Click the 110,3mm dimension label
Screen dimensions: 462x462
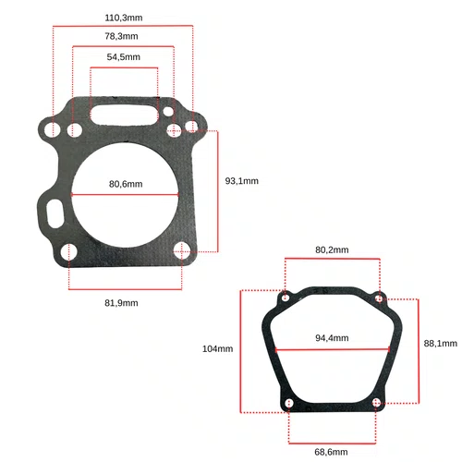[124, 18]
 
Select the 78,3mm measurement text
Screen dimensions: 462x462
[121, 36]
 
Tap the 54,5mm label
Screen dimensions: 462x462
[124, 57]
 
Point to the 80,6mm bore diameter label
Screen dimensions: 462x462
[126, 184]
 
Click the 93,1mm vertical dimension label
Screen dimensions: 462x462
[242, 181]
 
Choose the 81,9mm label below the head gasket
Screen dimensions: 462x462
[121, 303]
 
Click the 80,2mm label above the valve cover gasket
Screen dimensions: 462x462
[332, 249]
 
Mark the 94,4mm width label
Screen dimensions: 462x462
[332, 338]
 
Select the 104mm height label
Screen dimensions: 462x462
[217, 349]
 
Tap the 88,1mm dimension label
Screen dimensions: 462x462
[441, 344]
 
